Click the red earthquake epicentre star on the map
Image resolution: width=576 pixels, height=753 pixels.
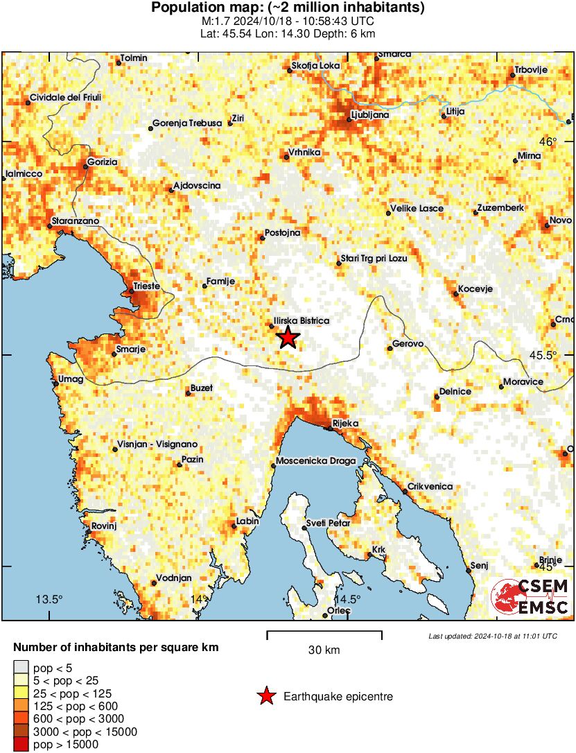coord(288,338)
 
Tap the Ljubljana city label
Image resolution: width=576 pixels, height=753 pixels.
coord(369,115)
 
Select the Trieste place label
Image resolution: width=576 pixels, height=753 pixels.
coord(146,286)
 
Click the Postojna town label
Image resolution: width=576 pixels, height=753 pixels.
coord(283,233)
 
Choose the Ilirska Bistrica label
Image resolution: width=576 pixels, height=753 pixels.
coord(301,320)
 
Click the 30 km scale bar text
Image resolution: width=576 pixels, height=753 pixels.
coord(324,650)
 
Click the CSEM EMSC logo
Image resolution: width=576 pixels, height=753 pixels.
coord(530,597)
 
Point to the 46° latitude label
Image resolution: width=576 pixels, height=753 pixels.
coord(549,141)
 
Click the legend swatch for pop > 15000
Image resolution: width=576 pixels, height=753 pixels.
coord(21,745)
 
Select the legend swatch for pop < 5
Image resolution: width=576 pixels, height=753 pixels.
coord(21,667)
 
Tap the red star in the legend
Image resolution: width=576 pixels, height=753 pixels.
coord(266,697)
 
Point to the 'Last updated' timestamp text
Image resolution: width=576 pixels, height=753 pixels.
coord(492,636)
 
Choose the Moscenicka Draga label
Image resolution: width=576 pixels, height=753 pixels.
coord(315,461)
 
